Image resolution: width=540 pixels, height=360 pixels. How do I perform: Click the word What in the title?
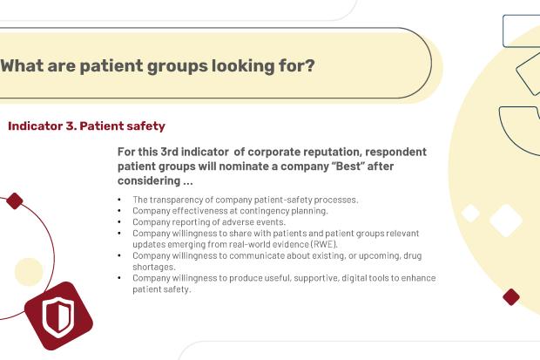22,65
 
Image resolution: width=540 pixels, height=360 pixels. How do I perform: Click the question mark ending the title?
310,65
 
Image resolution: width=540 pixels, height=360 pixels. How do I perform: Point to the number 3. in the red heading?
71,126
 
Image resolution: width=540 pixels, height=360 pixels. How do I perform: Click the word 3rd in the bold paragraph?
169,152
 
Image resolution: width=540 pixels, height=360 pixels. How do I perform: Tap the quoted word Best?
348,166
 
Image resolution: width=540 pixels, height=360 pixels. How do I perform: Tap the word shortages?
154,267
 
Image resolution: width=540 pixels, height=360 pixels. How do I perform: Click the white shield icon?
58,317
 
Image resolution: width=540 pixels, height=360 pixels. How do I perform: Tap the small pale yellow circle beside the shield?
29,272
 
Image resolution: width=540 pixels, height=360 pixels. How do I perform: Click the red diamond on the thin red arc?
15,201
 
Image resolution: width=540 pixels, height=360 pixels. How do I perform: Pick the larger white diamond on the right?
506,221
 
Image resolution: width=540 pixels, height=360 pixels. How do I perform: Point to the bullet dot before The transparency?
119,200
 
